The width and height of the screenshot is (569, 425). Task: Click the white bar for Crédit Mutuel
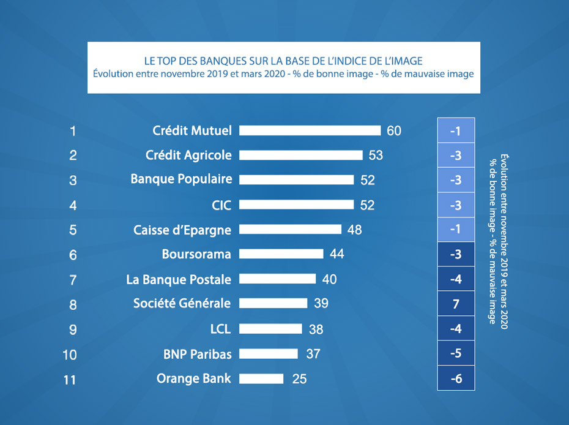pyautogui.click(x=310, y=130)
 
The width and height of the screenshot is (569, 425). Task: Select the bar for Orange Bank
pyautogui.click(x=261, y=378)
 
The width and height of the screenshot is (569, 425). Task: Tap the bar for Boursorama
pyautogui.click(x=281, y=254)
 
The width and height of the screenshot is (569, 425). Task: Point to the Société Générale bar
pyautogui.click(x=273, y=303)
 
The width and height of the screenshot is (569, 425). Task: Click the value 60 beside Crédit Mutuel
pyautogui.click(x=394, y=130)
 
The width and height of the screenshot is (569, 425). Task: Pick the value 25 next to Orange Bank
pyautogui.click(x=299, y=379)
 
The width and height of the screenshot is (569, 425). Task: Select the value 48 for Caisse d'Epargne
pyautogui.click(x=354, y=230)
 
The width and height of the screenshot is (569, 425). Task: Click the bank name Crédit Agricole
pyautogui.click(x=188, y=155)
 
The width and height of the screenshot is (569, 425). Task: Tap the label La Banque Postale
pyautogui.click(x=179, y=279)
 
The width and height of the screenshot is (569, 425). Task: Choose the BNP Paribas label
pyautogui.click(x=197, y=353)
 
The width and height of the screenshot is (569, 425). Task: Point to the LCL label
pyautogui.click(x=220, y=329)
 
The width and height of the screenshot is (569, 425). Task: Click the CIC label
pyautogui.click(x=221, y=205)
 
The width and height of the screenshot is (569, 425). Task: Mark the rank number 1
pyautogui.click(x=73, y=130)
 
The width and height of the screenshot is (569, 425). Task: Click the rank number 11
pyautogui.click(x=70, y=380)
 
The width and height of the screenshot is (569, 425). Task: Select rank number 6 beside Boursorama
pyautogui.click(x=73, y=255)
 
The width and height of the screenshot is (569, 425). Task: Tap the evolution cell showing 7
pyautogui.click(x=456, y=304)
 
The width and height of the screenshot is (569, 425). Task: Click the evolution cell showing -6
pyautogui.click(x=456, y=378)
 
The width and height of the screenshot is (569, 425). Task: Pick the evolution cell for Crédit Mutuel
pyautogui.click(x=456, y=130)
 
